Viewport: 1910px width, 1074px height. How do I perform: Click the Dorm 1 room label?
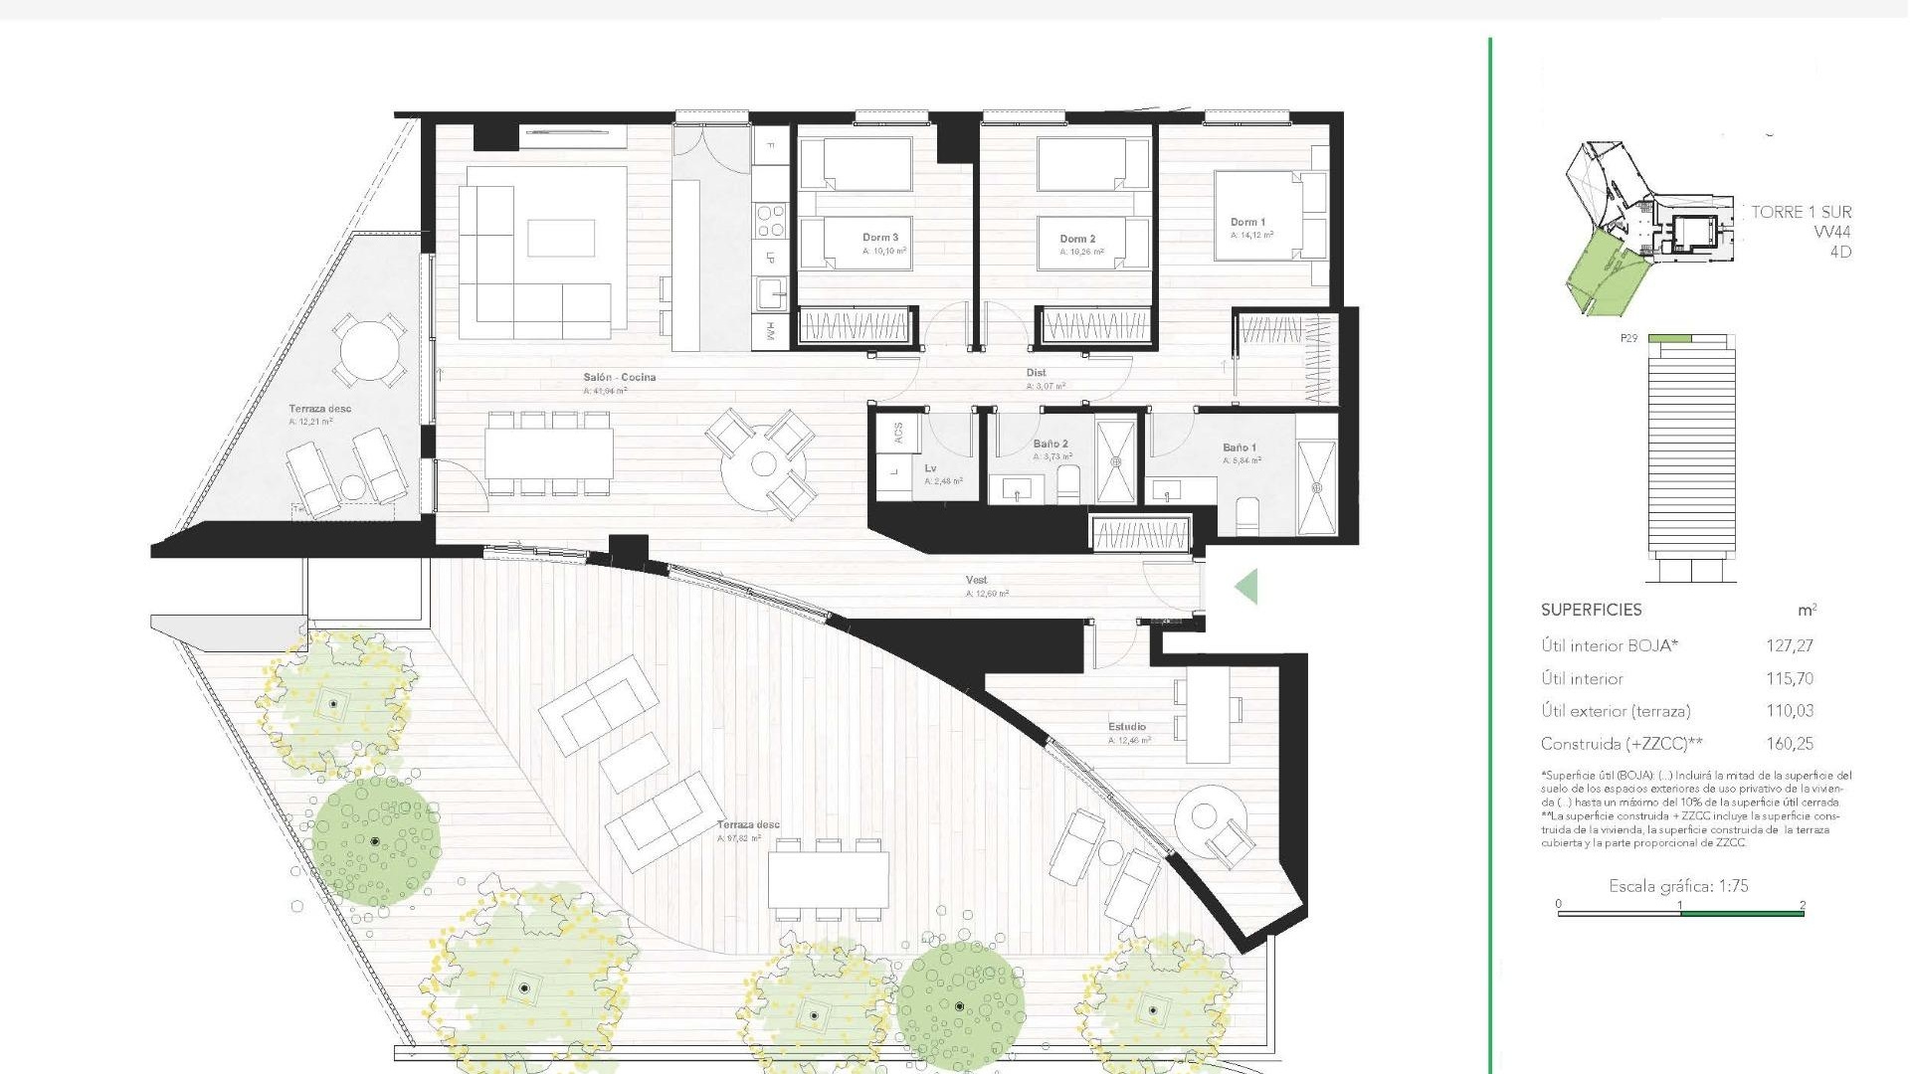click(x=1247, y=223)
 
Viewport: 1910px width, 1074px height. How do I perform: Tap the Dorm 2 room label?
click(x=1077, y=239)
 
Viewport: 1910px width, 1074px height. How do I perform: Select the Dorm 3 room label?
click(x=880, y=238)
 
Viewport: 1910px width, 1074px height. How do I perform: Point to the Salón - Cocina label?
click(x=619, y=378)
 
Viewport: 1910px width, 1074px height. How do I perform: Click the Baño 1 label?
click(x=1240, y=447)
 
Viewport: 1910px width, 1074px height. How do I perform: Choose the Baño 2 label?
click(x=1050, y=445)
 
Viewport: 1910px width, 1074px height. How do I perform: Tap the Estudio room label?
click(x=1127, y=727)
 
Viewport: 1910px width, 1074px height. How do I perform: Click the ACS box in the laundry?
click(x=898, y=434)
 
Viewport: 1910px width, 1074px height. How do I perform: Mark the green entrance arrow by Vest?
click(x=1246, y=587)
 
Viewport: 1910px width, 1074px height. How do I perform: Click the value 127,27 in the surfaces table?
click(x=1789, y=646)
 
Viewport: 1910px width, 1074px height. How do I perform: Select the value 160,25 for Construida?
click(x=1789, y=744)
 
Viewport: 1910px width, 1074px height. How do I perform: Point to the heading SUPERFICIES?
click(x=1591, y=611)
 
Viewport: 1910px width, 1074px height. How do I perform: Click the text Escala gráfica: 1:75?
click(x=1678, y=886)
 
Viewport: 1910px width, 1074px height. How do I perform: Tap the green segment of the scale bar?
click(x=1741, y=913)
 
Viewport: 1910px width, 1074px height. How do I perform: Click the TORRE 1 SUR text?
click(x=1801, y=212)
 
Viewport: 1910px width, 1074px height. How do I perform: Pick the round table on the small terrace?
click(x=367, y=349)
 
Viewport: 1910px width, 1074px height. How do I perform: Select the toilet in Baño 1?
click(x=1247, y=516)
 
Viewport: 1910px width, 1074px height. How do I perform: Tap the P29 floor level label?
click(x=1628, y=339)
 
